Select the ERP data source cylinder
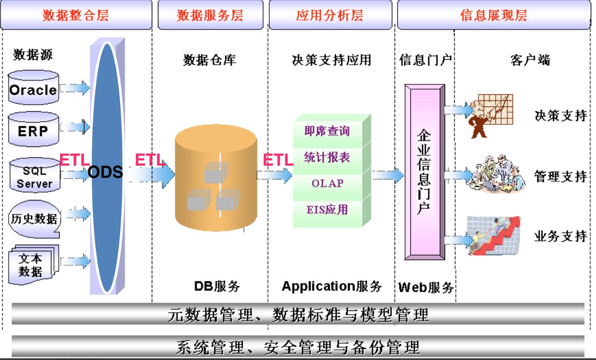click(x=33, y=129)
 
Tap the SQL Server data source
click(x=34, y=176)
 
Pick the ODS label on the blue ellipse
click(x=105, y=173)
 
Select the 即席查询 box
click(x=327, y=130)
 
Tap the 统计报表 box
click(x=327, y=157)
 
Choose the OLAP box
click(x=327, y=183)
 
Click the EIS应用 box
click(x=327, y=210)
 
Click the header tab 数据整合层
click(x=76, y=15)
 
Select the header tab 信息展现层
click(x=494, y=15)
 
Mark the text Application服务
click(x=331, y=286)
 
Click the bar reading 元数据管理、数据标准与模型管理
click(x=298, y=314)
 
